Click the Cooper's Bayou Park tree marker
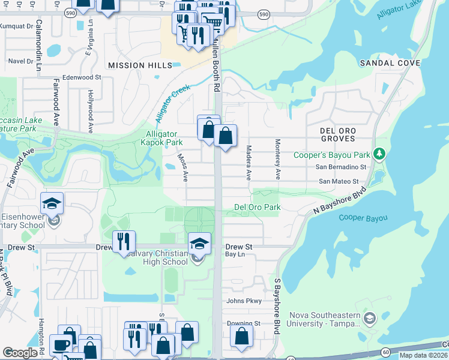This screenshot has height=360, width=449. tap(379, 155)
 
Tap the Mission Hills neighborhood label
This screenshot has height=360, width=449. tap(135, 65)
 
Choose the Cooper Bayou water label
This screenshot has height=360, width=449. tap(363, 218)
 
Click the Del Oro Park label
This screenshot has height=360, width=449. tap(257, 208)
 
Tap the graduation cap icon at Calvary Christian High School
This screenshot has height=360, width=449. tap(200, 244)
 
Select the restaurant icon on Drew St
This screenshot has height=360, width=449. tap(124, 242)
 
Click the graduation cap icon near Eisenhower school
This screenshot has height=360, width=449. tap(52, 204)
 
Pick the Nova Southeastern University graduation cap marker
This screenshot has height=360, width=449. tap(370, 318)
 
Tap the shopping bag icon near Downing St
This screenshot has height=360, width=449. tap(241, 338)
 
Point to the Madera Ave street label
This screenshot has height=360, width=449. tap(248, 163)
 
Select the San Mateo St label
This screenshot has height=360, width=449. tap(338, 181)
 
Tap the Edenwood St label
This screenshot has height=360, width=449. tap(82, 77)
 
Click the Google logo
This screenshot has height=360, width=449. tap(20, 352)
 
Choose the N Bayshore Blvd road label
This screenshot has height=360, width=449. tap(339, 203)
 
